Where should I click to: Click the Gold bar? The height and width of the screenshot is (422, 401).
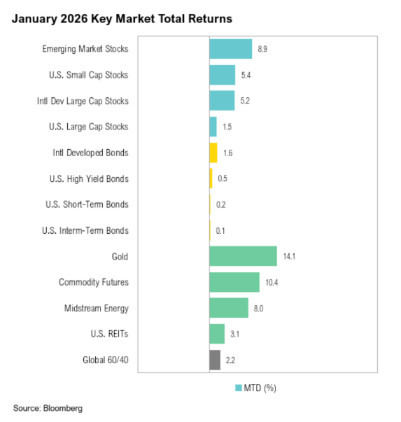[x=243, y=256]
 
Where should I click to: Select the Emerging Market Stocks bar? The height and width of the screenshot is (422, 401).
[x=230, y=49]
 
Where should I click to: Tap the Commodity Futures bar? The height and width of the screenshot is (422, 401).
[x=234, y=282]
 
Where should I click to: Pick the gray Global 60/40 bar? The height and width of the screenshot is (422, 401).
[x=215, y=360]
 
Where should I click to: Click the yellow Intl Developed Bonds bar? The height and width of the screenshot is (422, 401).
[x=213, y=153]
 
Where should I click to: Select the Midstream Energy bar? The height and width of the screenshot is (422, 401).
[x=229, y=308]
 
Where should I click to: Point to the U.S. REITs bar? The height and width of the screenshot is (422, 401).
[x=217, y=334]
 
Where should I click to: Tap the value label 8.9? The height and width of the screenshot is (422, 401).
[x=264, y=49]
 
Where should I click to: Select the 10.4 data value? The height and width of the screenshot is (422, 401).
[x=272, y=283]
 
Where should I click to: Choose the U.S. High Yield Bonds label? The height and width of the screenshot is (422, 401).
[x=90, y=178]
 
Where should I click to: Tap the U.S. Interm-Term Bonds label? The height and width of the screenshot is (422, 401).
[x=86, y=230]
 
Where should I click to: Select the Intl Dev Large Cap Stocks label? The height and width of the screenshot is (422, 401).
[x=83, y=101]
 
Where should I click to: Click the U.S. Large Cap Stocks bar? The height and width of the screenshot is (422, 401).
[x=213, y=127]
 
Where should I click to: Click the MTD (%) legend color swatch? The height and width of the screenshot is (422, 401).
[x=238, y=387]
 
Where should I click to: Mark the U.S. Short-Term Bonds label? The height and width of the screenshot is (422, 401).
[x=89, y=204]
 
